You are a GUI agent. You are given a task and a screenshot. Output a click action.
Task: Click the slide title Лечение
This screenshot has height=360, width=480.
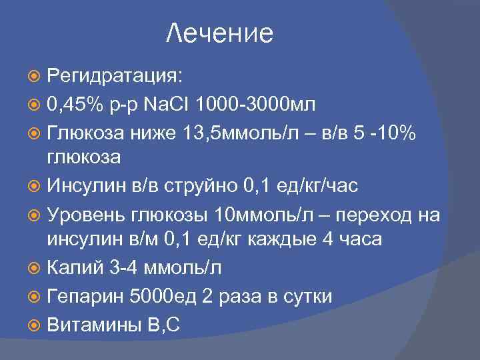click(x=219, y=33)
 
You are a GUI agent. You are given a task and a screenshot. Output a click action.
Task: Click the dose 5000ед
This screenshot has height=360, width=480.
click(x=168, y=296)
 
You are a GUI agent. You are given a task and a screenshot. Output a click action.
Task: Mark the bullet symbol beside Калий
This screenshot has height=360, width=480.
click(x=36, y=267)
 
